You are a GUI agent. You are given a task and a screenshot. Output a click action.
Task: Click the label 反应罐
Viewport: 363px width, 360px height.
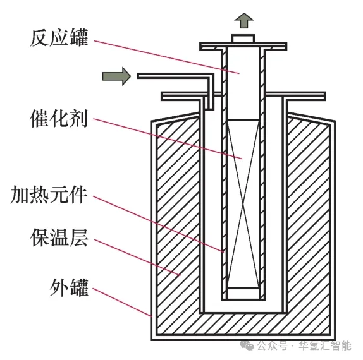click(x=59, y=38)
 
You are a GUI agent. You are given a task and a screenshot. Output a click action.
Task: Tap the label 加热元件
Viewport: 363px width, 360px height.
click(x=49, y=195)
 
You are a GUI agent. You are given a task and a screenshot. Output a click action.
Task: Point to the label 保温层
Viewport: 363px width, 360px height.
click(x=59, y=237)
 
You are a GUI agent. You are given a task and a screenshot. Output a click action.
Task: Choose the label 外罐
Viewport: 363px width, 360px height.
click(x=69, y=287)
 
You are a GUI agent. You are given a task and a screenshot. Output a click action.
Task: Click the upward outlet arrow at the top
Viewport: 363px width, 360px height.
click(x=243, y=21)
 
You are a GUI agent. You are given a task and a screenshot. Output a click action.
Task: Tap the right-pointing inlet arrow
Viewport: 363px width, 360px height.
click(x=116, y=76)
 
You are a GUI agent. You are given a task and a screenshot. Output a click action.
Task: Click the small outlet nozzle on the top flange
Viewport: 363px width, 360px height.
click(x=243, y=39)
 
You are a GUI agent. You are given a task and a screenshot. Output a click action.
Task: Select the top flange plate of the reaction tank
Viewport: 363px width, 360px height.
click(x=243, y=46)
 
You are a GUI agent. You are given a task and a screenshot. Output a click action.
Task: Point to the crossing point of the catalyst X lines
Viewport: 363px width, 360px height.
click(x=243, y=205)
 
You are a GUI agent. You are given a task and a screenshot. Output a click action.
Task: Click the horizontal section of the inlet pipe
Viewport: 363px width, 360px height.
click(x=174, y=76)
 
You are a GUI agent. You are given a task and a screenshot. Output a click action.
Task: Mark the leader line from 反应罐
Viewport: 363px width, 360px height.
click(x=167, y=57)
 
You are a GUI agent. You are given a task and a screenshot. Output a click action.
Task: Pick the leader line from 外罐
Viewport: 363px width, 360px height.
click(x=122, y=302)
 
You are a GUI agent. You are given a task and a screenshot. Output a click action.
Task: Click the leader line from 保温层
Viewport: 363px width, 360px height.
click(x=137, y=257)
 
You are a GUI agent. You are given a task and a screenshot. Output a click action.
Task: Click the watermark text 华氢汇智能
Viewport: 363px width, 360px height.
click(x=325, y=346)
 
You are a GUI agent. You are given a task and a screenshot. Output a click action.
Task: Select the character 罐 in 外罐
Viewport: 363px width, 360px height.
click(x=79, y=287)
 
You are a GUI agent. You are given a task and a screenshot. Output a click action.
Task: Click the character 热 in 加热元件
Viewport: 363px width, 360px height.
click(x=40, y=195)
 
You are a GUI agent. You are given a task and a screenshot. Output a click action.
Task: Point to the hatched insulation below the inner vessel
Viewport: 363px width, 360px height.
click(x=243, y=323)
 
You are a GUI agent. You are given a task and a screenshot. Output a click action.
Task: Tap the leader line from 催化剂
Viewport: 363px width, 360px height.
click(x=168, y=138)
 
